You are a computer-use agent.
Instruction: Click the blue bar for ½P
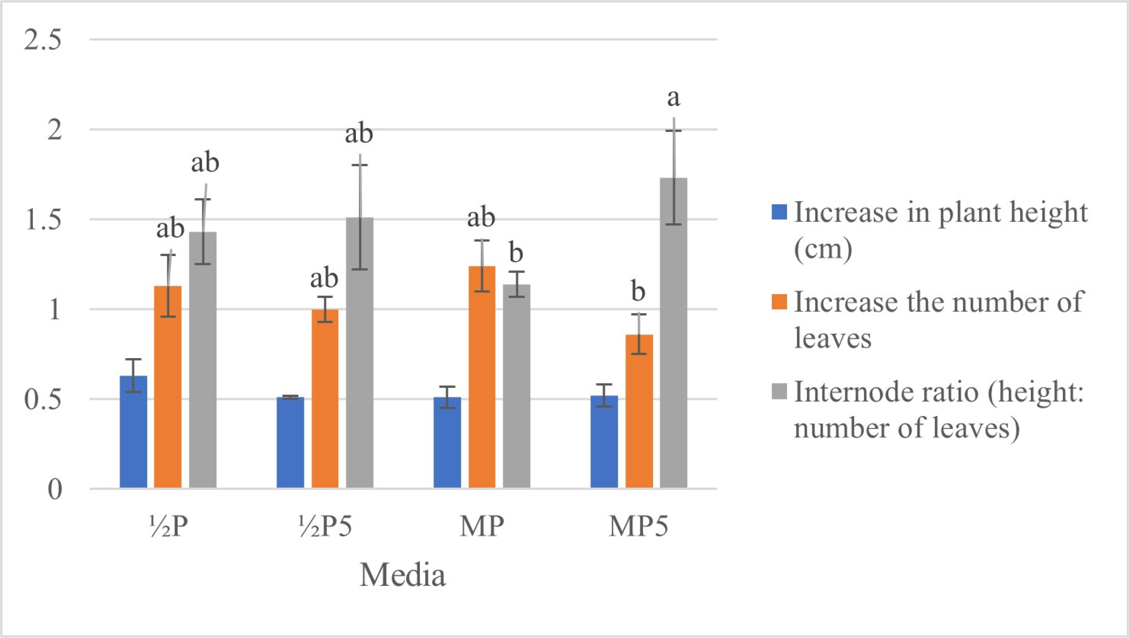pyautogui.click(x=133, y=431)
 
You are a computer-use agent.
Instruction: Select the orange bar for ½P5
pyautogui.click(x=325, y=399)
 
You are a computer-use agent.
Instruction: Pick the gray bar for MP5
pyautogui.click(x=673, y=333)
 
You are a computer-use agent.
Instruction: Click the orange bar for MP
pyautogui.click(x=482, y=377)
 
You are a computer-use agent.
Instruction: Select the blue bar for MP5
pyautogui.click(x=604, y=442)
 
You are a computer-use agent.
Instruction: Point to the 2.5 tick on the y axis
pyautogui.click(x=42, y=40)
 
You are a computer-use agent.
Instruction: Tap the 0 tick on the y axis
pyautogui.click(x=55, y=489)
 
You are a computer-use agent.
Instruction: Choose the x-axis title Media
pyautogui.click(x=402, y=575)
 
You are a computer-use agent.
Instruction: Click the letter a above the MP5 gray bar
pyautogui.click(x=674, y=99)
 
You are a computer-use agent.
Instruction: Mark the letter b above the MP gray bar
pyautogui.click(x=517, y=253)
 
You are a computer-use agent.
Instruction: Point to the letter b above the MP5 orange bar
pyautogui.click(x=639, y=292)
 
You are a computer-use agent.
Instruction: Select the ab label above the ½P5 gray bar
pyautogui.click(x=359, y=133)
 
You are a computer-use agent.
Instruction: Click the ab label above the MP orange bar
pyautogui.click(x=481, y=217)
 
